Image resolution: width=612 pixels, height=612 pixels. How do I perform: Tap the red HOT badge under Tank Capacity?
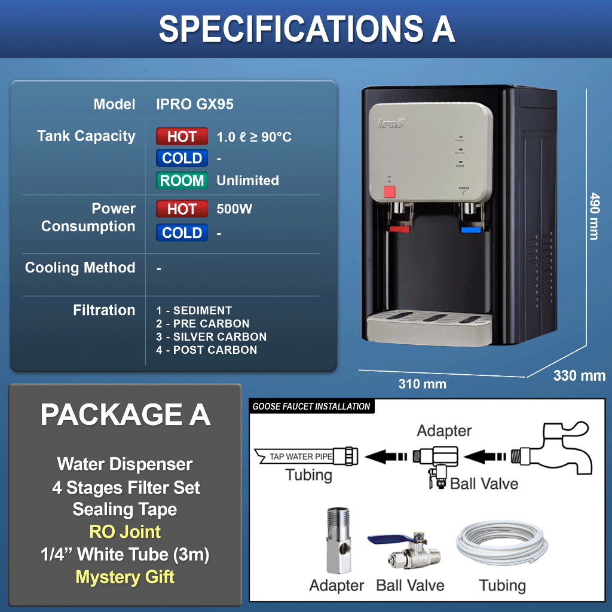(182, 137)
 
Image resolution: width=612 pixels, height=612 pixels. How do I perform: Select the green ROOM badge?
(182, 180)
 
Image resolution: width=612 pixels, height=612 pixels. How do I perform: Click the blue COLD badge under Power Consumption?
(182, 232)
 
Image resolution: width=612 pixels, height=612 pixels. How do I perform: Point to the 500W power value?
(234, 209)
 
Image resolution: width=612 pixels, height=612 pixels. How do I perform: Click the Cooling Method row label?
(80, 268)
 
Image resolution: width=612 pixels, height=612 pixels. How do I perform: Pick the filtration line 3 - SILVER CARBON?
(212, 337)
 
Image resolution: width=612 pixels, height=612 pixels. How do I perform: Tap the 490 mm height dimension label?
(593, 216)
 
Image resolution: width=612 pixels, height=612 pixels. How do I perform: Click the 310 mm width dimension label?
(422, 384)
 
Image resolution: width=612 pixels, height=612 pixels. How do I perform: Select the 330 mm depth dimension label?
(579, 376)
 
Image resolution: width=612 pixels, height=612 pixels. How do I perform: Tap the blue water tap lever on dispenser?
(472, 228)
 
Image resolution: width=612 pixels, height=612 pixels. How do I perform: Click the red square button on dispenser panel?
(390, 192)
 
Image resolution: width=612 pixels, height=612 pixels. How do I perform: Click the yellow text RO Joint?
(125, 531)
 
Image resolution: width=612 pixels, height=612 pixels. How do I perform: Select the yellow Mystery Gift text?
(125, 577)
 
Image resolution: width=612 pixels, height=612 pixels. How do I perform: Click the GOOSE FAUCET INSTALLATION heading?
(311, 406)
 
